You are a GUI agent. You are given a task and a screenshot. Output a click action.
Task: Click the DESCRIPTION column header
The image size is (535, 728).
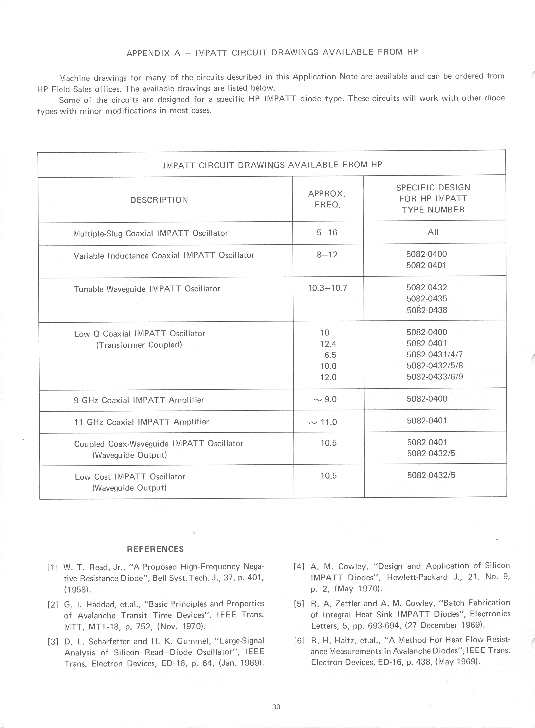(x=159, y=200)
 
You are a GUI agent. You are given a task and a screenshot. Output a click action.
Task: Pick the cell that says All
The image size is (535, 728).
(x=433, y=232)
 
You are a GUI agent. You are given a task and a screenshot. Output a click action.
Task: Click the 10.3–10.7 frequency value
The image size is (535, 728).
(x=327, y=288)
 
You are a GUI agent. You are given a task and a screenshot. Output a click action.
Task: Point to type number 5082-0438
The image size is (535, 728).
(x=427, y=310)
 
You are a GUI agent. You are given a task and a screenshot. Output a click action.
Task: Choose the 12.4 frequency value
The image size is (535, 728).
(x=328, y=344)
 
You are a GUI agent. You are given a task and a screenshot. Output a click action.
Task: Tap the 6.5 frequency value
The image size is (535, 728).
(x=330, y=355)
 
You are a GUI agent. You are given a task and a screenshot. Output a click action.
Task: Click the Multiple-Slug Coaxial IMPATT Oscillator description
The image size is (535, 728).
(x=150, y=233)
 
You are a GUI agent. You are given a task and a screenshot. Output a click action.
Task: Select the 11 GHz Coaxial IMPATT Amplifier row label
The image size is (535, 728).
(x=141, y=422)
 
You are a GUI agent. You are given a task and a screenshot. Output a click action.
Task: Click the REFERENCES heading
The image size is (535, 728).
(x=155, y=549)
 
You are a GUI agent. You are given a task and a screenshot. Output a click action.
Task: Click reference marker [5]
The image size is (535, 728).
(x=299, y=603)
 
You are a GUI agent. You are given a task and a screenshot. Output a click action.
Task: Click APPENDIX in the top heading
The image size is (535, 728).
(x=148, y=53)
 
